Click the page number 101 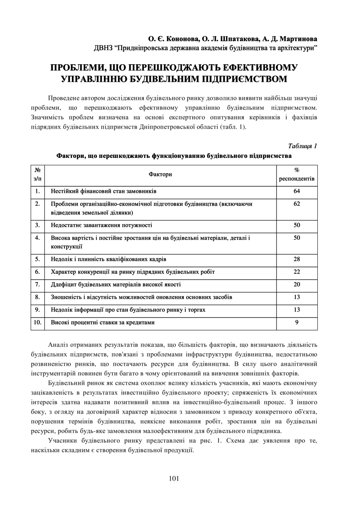tap(174, 478)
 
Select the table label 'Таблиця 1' tap(303, 146)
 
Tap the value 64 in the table tap(297, 191)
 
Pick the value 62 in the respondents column tap(297, 204)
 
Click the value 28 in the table tap(297, 259)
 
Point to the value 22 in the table tap(297, 272)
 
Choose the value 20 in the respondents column tap(297, 285)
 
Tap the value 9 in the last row tap(297, 322)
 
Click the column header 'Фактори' tap(161, 174)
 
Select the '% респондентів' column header tap(297, 174)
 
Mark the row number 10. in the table tap(37, 322)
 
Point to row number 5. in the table tap(37, 259)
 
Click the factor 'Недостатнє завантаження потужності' tap(102, 225)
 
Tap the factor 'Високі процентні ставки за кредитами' tap(103, 322)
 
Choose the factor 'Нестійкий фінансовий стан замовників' tap(104, 191)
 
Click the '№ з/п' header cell tap(37, 174)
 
